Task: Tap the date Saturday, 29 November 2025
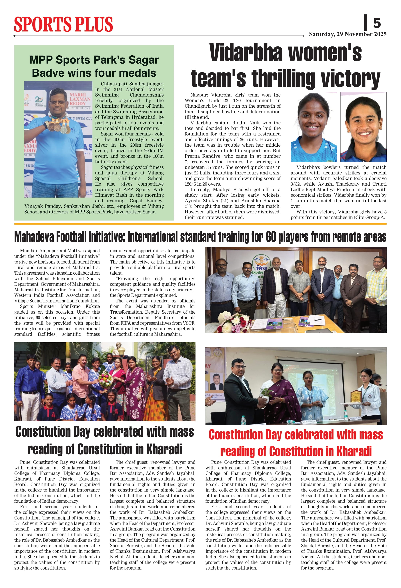347,34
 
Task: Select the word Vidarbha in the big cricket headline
245,53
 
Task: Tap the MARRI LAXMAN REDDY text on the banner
80,99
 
